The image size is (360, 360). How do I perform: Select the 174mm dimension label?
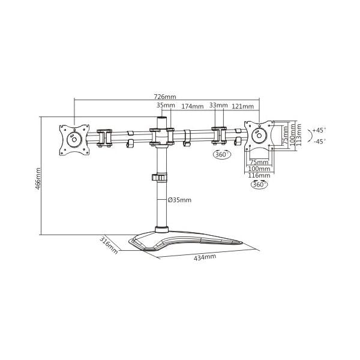pos(192,106)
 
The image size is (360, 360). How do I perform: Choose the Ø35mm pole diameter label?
pos(179,200)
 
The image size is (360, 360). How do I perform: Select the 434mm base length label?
pos(205,257)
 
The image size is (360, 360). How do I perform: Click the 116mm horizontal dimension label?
pos(259,176)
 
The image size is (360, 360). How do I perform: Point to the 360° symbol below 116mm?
pos(259,185)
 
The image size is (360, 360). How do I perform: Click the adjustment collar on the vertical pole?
pos(160,179)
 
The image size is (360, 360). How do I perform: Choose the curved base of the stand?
pos(186,241)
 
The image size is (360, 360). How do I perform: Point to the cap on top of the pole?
pos(161,120)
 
